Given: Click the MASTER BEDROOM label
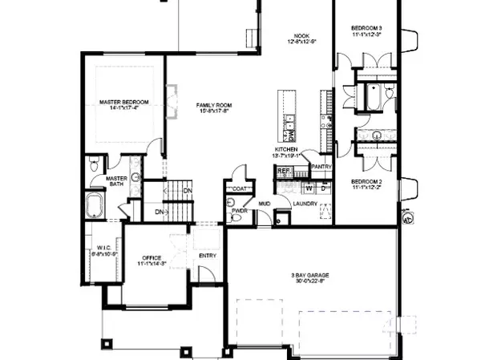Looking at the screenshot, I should pos(124,103).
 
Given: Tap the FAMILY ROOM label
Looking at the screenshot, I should pos(215,105).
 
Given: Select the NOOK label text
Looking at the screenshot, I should pos(301,35).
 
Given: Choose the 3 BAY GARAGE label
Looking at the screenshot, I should pos(309,275).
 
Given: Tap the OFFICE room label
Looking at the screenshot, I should pos(150,257).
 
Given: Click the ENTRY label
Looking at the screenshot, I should pos(208,257).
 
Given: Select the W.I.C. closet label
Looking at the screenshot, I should pos(103,248).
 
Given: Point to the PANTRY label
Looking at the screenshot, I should pos(321,167).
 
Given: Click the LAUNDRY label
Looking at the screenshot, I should pos(305,203).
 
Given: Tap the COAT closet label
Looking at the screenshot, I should pos(240,189).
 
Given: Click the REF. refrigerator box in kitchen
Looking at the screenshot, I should pos(283,172).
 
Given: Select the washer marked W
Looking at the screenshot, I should pos(309,188).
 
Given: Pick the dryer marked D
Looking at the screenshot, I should pos(322,188).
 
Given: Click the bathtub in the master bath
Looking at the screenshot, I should pos(95,205).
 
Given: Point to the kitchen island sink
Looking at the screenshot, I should pos(287,122).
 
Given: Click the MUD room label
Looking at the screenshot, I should pos(263,204).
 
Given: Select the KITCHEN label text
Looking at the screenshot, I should pos(287,150).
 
